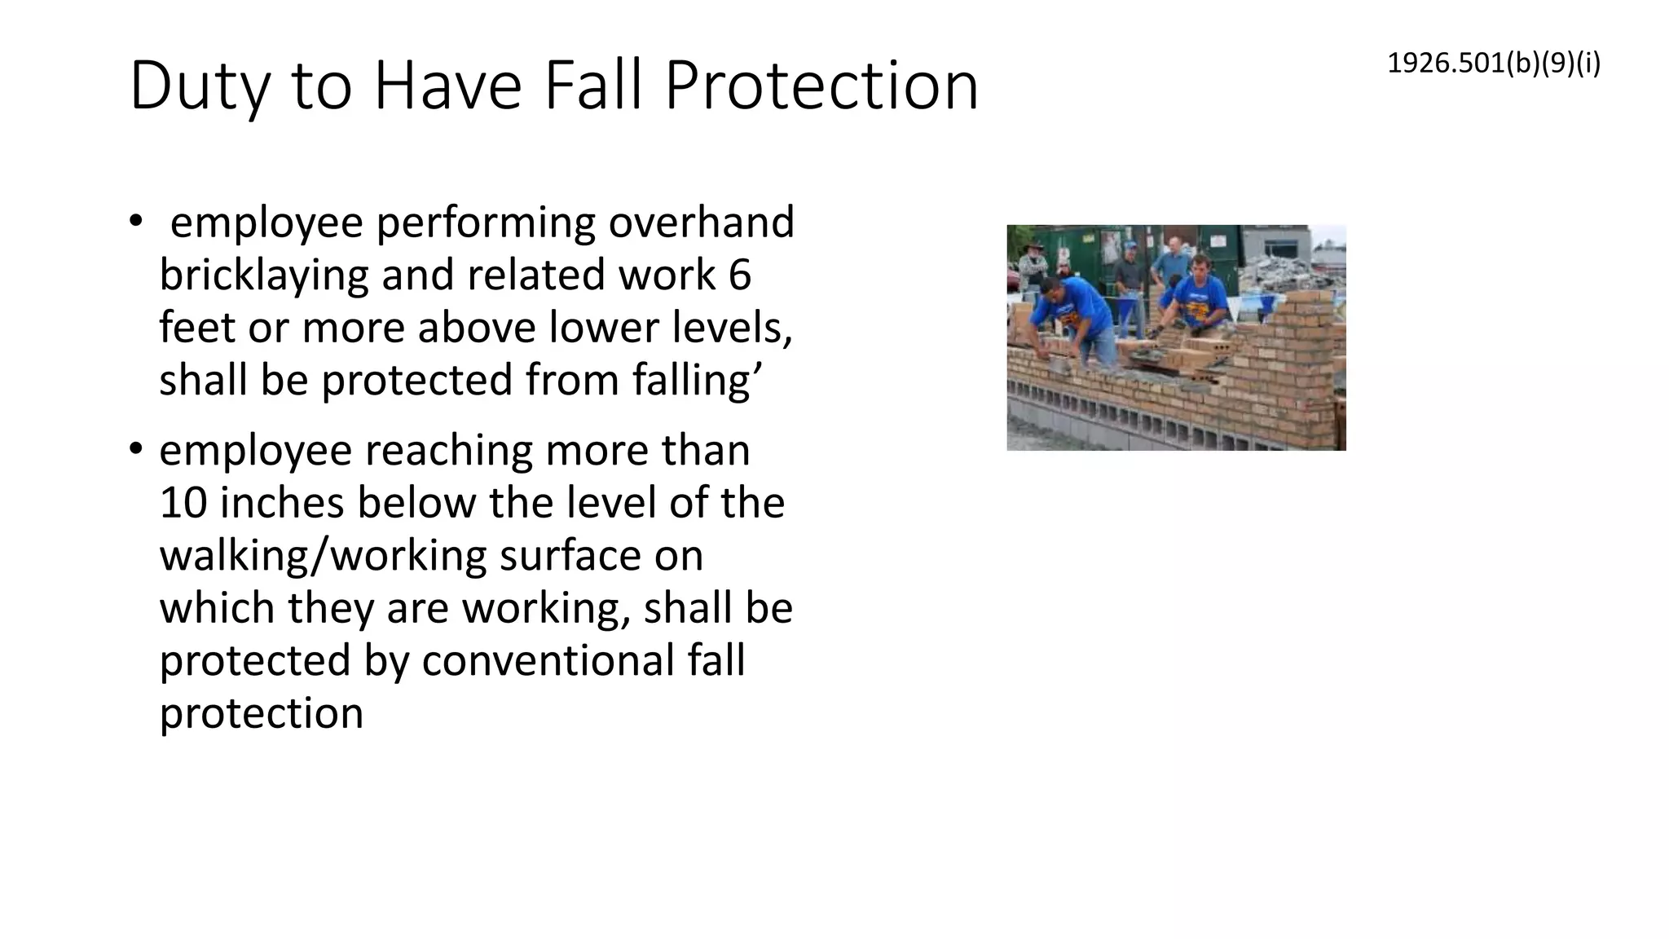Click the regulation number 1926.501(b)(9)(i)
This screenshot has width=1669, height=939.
pyautogui.click(x=1493, y=64)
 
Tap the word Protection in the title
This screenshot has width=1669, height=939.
pyautogui.click(x=821, y=86)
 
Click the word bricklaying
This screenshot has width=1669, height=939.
pyautogui.click(x=264, y=276)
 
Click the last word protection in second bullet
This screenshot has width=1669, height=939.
pyautogui.click(x=261, y=713)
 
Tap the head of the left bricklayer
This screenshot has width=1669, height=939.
pyautogui.click(x=1051, y=289)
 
